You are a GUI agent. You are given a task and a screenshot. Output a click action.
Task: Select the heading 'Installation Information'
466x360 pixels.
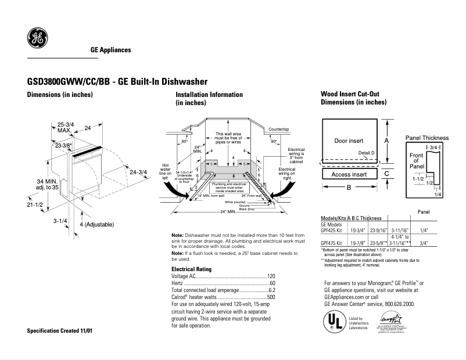pyautogui.click(x=209, y=95)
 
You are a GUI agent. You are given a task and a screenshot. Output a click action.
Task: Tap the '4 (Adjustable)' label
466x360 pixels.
pyautogui.click(x=96, y=224)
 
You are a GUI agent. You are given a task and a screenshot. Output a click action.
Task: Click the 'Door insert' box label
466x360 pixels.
pyautogui.click(x=349, y=141)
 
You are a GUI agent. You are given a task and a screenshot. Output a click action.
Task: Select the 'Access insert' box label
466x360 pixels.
pyautogui.click(x=349, y=174)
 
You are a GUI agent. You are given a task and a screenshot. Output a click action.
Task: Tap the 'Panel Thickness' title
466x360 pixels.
pyautogui.click(x=426, y=138)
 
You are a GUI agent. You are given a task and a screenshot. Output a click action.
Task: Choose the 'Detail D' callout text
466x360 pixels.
pyautogui.click(x=367, y=153)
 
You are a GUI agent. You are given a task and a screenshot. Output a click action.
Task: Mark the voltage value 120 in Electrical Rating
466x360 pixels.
pyautogui.click(x=271, y=276)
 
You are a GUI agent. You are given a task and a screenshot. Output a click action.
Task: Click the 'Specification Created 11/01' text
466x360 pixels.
pyautogui.click(x=60, y=330)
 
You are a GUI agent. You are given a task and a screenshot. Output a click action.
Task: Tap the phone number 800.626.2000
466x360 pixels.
pyautogui.click(x=398, y=304)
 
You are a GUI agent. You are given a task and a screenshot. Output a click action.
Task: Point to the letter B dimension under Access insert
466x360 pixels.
pyautogui.click(x=349, y=188)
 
